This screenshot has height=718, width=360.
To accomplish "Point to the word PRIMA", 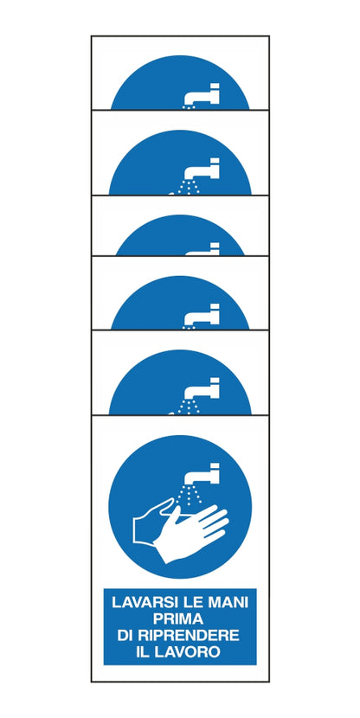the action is click(x=178, y=619).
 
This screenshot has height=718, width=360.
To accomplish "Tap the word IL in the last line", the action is click(x=143, y=651).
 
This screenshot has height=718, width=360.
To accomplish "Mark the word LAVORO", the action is click(x=187, y=651).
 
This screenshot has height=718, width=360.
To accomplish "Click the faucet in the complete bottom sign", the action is click(x=202, y=473).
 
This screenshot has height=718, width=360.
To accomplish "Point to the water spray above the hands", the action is click(x=189, y=495).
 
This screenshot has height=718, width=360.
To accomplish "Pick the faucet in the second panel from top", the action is click(x=202, y=169).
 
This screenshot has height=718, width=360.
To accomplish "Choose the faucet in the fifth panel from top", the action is click(x=202, y=388).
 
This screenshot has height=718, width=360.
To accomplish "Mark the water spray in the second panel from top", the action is click(x=187, y=188).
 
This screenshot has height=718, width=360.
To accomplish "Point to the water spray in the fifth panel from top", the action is click(x=187, y=407).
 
